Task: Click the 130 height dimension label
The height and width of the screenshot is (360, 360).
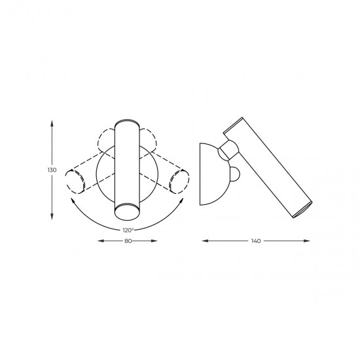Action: tap(52, 170)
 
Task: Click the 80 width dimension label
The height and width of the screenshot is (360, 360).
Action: tap(128, 242)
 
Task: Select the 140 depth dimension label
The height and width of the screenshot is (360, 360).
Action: tap(256, 242)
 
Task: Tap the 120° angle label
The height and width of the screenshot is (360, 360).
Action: tap(128, 230)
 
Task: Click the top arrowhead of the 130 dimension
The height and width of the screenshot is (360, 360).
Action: tap(52, 122)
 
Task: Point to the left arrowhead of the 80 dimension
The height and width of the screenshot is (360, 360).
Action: tap(99, 242)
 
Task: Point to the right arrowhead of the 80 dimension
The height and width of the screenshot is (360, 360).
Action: tap(156, 242)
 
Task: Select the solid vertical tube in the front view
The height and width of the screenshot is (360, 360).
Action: tap(127, 167)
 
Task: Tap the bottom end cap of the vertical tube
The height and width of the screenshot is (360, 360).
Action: tap(127, 211)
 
